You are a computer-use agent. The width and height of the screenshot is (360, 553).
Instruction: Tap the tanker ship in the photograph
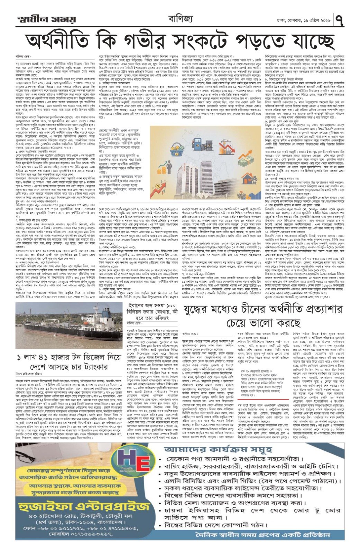pos(55,330)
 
